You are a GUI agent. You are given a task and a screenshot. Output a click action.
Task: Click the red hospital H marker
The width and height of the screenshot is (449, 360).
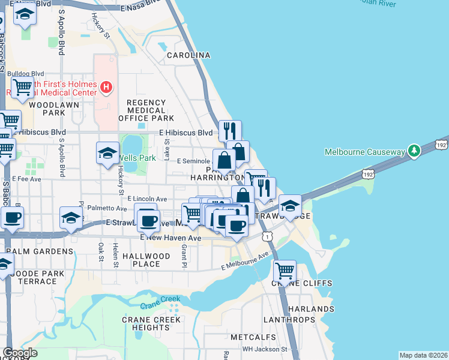click(106, 88)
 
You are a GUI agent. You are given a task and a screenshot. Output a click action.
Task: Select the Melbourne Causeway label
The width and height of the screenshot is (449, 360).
click(366, 152)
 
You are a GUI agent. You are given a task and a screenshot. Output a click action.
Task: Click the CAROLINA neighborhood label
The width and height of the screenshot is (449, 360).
click(188, 55)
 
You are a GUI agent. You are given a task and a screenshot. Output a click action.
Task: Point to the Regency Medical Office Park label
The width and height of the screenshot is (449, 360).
click(146, 110)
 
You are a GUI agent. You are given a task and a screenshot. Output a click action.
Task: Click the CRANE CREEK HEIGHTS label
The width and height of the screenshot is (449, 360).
click(151, 323)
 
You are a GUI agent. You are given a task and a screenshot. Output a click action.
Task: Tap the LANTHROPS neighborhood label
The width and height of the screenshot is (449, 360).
click(289, 320)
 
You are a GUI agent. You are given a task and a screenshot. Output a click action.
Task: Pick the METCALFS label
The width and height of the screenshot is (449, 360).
click(256, 337)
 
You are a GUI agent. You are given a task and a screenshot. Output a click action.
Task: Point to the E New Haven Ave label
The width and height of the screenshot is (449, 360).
click(170, 238)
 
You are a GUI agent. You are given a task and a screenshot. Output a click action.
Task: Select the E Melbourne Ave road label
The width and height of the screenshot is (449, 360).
click(245, 262)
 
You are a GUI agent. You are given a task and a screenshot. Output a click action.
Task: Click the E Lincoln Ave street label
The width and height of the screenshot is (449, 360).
click(147, 199)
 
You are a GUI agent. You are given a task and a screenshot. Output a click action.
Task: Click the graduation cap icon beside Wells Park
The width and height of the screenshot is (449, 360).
click(107, 152)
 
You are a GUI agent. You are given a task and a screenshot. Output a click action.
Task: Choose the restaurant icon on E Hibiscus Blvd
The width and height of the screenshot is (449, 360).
click(230, 130)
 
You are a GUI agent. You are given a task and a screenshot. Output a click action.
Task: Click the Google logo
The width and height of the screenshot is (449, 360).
click(20, 352)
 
